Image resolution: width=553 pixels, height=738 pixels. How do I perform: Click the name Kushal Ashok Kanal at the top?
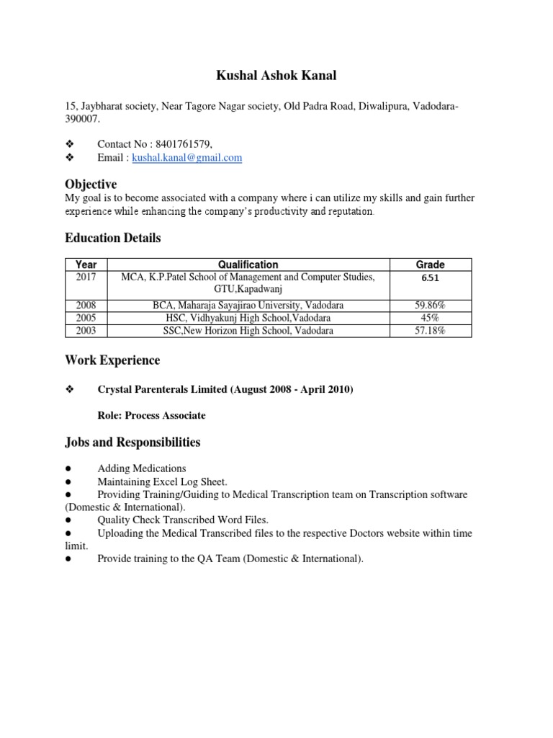(x=276, y=75)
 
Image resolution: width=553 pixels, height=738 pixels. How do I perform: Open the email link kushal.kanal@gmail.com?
(x=186, y=158)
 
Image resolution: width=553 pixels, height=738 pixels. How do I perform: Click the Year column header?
(x=86, y=264)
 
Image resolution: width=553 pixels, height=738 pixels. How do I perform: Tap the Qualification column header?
(x=248, y=264)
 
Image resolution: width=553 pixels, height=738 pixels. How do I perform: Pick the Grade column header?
(x=431, y=264)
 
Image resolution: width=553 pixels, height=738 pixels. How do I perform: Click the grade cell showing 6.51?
(x=431, y=278)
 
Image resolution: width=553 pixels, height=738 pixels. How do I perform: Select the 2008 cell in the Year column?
(x=86, y=306)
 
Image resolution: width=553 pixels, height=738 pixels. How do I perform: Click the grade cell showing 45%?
(x=431, y=318)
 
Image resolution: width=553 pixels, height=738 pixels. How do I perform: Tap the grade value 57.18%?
(x=431, y=331)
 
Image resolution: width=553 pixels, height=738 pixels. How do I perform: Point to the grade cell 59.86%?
(x=431, y=306)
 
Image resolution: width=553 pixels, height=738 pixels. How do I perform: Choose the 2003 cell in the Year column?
(x=86, y=331)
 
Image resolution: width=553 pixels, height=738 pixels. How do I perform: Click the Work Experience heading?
(x=112, y=360)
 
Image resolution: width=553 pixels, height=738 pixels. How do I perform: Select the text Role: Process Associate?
(x=151, y=415)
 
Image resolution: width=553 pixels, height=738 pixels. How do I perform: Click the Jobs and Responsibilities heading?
(x=132, y=442)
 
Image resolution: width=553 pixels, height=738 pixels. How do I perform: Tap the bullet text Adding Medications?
(x=141, y=468)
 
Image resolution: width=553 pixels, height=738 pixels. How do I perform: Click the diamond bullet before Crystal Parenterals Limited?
(x=70, y=390)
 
